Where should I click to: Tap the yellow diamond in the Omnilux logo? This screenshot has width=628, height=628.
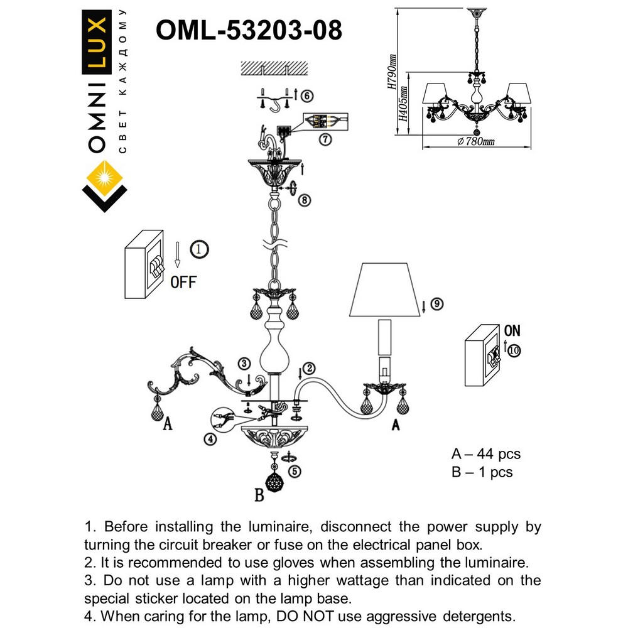(x=104, y=175)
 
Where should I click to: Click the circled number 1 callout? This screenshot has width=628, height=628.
(x=199, y=249)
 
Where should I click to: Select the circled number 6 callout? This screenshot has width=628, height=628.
(x=306, y=96)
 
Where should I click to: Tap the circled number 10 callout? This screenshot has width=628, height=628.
(x=514, y=351)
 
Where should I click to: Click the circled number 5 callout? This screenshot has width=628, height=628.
(x=294, y=468)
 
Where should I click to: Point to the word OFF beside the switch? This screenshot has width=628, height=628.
(x=183, y=281)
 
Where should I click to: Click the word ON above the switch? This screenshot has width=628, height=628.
(x=512, y=330)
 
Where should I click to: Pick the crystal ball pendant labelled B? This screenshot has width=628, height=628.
(x=274, y=482)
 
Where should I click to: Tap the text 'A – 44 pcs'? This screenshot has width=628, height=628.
(x=486, y=453)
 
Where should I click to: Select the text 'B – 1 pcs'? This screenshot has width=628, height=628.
(x=482, y=472)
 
